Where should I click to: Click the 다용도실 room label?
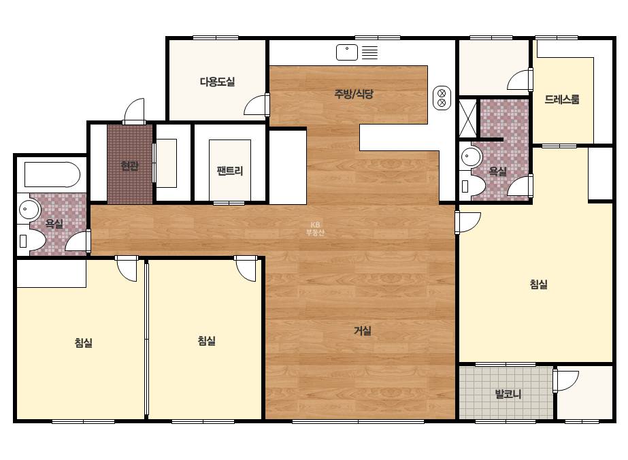point(218,82)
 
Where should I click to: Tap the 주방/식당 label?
point(354,94)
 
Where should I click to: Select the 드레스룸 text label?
point(562,99)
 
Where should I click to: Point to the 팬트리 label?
point(230,171)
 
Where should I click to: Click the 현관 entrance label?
point(130,165)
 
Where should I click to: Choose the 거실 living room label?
point(363,331)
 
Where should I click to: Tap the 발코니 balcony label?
point(508,394)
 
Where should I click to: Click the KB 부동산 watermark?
point(315,229)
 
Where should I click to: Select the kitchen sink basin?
point(347,52)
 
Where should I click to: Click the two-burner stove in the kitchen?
point(442,98)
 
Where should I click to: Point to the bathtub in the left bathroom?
point(52,174)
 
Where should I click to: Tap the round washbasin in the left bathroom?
point(29,209)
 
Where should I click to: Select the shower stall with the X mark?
point(468,118)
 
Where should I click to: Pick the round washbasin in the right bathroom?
point(472,157)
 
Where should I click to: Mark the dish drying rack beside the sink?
point(369,52)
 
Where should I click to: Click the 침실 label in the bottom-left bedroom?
point(84,343)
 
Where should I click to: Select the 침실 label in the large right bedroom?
point(539,284)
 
